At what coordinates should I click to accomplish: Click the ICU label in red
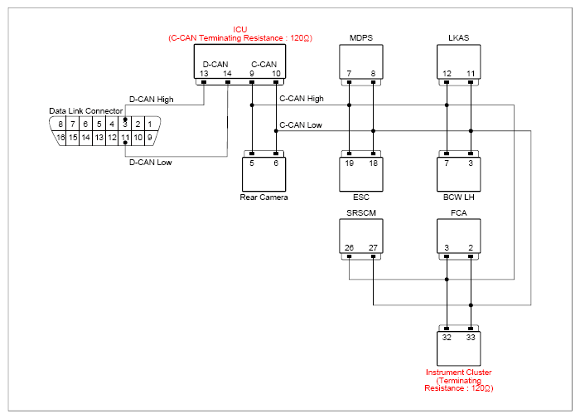240,30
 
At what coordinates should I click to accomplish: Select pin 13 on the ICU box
204,74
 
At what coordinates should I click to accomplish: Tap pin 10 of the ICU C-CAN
276,74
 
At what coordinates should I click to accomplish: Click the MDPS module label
361,38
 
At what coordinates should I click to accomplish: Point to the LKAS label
459,38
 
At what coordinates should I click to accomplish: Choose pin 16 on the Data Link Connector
60,138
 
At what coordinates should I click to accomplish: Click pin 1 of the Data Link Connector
150,124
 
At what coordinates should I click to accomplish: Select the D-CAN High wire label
152,100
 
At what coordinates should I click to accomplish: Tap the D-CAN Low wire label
151,163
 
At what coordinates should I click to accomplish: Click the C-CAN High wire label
302,99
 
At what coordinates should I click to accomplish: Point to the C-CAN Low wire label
301,125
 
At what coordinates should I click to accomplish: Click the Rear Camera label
263,197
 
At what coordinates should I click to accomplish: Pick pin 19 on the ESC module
349,163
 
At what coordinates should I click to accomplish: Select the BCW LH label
459,197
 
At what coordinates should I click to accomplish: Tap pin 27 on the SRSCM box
373,248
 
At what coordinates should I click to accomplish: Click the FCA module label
459,213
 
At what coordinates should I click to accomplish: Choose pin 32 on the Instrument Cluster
447,338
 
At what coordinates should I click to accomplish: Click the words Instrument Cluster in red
459,373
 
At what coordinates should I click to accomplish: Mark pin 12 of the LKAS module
447,74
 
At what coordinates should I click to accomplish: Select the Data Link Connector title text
86,111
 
